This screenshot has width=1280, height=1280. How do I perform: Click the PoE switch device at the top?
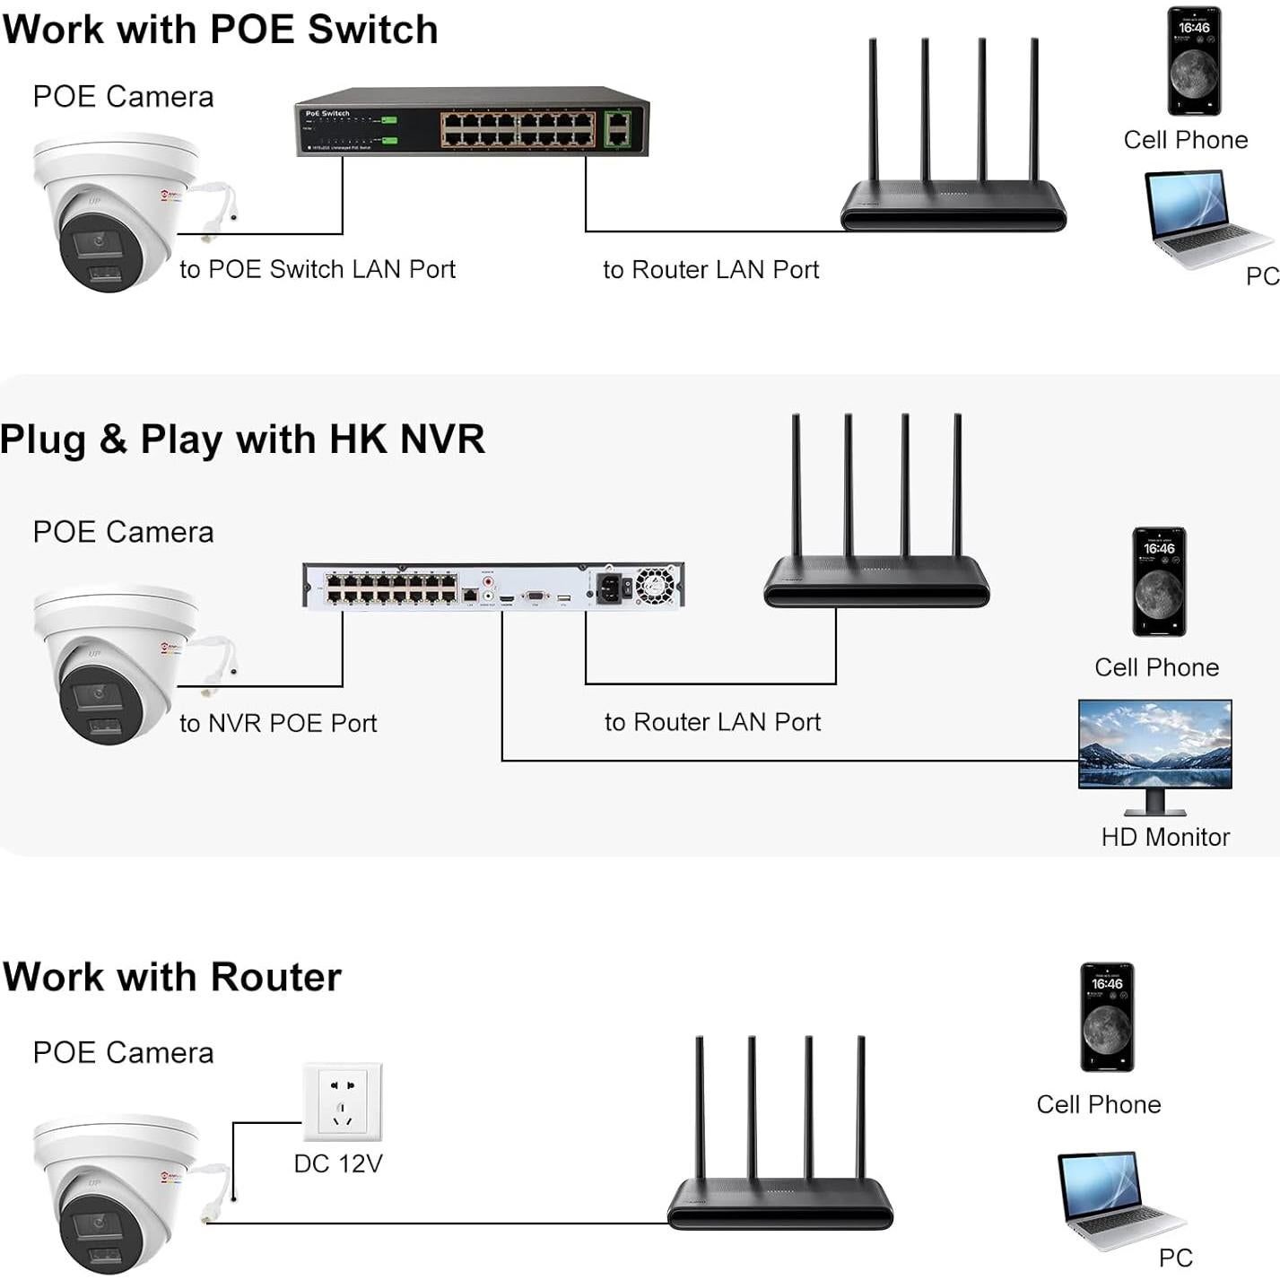point(472,124)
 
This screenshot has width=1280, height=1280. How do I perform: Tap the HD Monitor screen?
point(1154,744)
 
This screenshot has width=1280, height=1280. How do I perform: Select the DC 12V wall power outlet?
point(342,1101)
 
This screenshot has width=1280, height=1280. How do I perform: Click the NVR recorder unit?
point(493,586)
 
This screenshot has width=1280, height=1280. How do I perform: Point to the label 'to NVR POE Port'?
point(278,723)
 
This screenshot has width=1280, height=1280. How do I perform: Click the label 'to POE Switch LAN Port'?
point(318,269)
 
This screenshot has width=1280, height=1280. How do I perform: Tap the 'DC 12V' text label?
point(338,1163)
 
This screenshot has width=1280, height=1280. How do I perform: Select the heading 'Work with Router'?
point(172,977)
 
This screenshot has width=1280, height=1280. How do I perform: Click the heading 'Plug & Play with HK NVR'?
point(242,440)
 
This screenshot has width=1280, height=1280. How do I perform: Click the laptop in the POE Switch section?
point(1202,218)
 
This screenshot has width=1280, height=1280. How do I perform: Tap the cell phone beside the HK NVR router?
point(1159,582)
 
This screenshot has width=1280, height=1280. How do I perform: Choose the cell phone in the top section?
point(1194,62)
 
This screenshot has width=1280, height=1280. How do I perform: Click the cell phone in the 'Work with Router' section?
point(1107,1017)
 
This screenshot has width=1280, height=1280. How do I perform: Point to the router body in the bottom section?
point(780,1204)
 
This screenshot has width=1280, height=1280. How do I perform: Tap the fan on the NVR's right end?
point(654,586)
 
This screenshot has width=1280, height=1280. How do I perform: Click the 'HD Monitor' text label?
point(1165,837)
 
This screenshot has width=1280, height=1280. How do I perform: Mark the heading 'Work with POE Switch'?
point(221,30)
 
